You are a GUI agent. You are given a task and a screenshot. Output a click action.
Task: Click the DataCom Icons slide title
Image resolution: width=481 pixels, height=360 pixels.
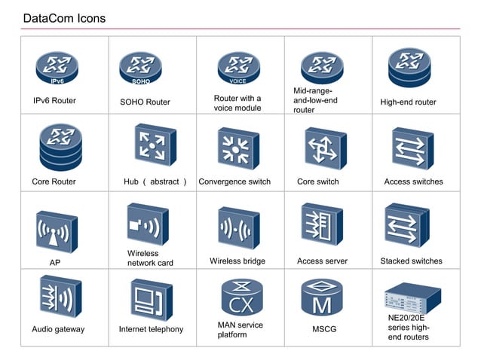coord(64,18)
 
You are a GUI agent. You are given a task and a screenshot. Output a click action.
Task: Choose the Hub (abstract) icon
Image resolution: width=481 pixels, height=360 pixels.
coord(155,146)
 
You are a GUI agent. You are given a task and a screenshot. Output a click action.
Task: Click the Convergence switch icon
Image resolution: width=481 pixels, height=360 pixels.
coord(238,148)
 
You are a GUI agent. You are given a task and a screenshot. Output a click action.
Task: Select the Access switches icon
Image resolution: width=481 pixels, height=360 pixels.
coord(412,148)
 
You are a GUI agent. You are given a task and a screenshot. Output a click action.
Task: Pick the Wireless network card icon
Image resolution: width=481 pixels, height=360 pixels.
coord(147,224)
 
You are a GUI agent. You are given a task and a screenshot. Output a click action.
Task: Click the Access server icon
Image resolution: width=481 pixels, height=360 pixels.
coord(322,225)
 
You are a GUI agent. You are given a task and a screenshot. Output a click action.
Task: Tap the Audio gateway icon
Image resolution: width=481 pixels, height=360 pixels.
coord(60,297)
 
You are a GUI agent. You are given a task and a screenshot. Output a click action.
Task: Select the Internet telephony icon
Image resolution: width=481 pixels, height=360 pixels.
coord(151,300)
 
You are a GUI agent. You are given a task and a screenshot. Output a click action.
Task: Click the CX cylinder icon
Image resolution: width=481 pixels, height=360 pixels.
coord(241,297)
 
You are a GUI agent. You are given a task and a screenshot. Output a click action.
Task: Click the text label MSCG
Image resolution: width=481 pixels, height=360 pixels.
coord(324,329)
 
